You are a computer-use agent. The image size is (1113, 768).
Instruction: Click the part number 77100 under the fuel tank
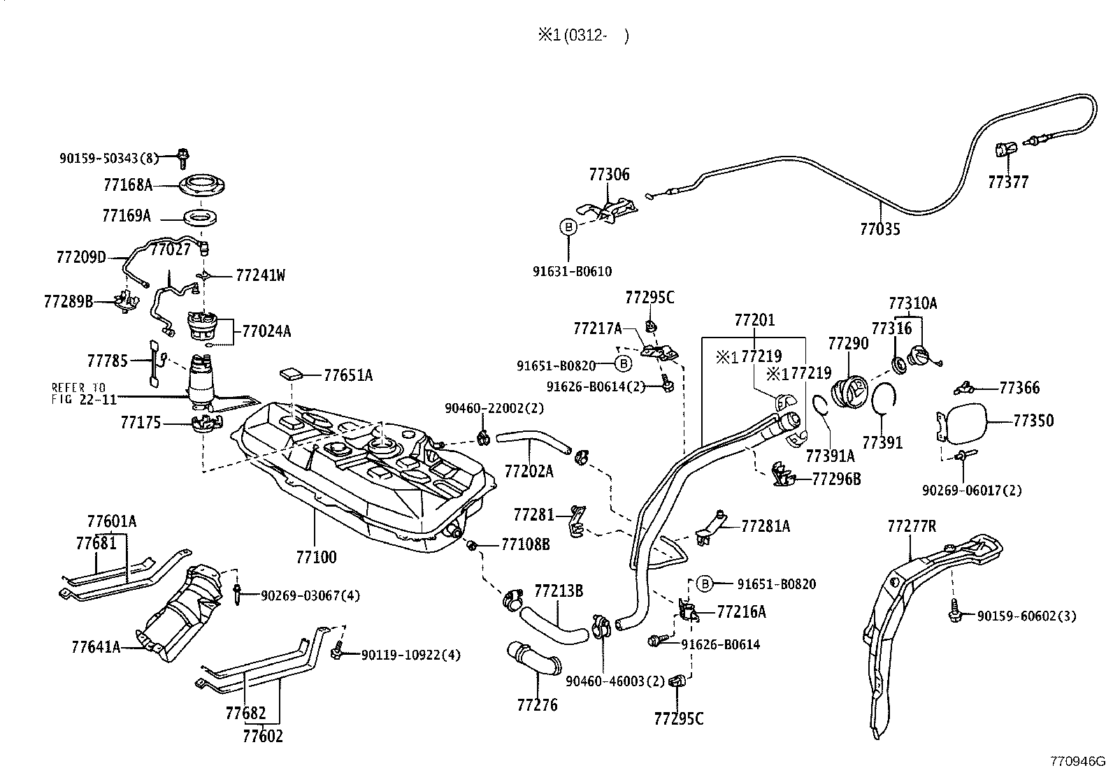point(316,557)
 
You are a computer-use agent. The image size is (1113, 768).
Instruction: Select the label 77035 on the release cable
point(879,229)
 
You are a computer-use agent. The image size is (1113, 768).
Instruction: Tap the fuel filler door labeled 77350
point(963,421)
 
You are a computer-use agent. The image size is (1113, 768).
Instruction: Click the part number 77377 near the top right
point(1008,182)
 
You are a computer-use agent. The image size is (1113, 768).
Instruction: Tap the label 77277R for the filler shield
point(911,526)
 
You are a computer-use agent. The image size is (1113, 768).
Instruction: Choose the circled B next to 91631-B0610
point(568,226)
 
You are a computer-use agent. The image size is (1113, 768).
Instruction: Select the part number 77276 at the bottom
point(537,704)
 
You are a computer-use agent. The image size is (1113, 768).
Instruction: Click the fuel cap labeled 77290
point(849,390)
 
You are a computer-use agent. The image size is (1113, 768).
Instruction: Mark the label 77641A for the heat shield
point(96,647)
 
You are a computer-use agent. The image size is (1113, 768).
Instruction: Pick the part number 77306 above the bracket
point(609,175)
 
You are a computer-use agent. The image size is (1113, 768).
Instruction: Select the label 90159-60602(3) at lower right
point(1026,616)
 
